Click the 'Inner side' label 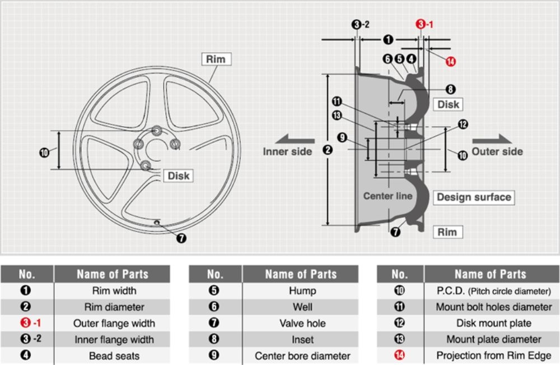pos(287,152)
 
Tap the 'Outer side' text pos(497,151)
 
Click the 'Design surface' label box pos(474,197)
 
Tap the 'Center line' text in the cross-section pos(388,196)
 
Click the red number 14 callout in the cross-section pos(451,61)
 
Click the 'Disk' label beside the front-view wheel pos(179,176)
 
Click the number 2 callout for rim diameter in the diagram pos(328,150)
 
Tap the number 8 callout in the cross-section pos(451,89)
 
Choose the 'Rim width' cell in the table pos(114,291)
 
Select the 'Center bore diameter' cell pos(302,356)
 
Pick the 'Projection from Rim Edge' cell pos(493,356)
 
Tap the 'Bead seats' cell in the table pos(114,356)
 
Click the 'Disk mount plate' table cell pos(493,324)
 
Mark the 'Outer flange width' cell pos(114,324)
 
